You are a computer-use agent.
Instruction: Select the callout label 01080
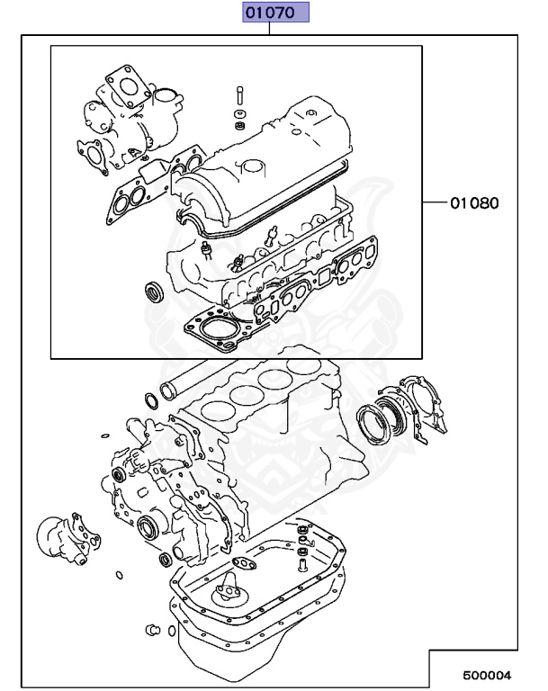click(473, 202)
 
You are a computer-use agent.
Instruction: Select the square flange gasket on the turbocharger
click(125, 81)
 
